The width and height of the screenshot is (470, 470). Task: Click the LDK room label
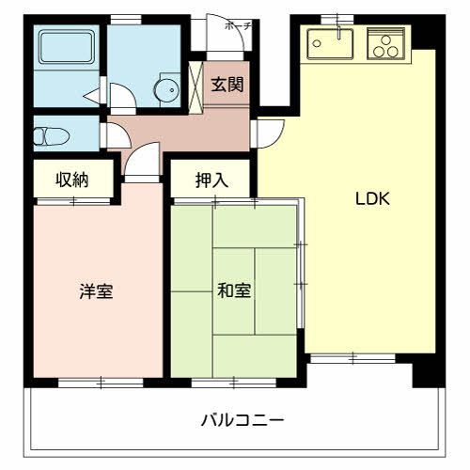pyautogui.click(x=371, y=199)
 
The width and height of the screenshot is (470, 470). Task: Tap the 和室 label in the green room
pyautogui.click(x=234, y=290)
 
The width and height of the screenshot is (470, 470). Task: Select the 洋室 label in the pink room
pyautogui.click(x=95, y=291)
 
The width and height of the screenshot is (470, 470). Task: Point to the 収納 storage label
pyautogui.click(x=71, y=180)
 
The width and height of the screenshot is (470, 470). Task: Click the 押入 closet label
pyautogui.click(x=211, y=180)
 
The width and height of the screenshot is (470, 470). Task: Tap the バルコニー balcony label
pyautogui.click(x=242, y=419)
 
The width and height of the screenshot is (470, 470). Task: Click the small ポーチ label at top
pyautogui.click(x=238, y=26)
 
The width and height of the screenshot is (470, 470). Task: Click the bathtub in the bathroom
pyautogui.click(x=67, y=47)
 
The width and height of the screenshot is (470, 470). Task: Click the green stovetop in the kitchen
pyautogui.click(x=385, y=42)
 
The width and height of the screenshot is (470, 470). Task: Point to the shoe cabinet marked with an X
pyautogui.click(x=196, y=84)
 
